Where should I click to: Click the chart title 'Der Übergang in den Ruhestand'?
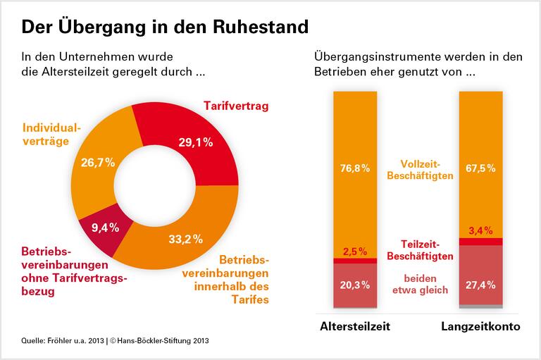click(165, 27)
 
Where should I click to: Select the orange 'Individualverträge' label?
click(52, 135)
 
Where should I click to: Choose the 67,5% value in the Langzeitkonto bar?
click(480, 168)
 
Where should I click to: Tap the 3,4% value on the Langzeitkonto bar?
click(480, 230)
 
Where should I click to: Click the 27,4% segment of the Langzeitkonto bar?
click(480, 285)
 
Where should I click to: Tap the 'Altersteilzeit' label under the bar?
click(354, 328)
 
